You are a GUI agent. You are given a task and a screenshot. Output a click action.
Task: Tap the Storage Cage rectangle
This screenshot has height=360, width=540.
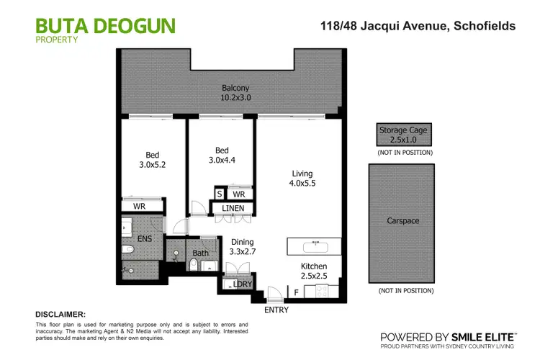tap(403, 135)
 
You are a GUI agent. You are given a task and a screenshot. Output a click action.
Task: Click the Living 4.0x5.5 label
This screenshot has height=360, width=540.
tap(302, 178)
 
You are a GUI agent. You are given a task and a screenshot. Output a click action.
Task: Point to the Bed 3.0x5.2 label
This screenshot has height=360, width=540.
tap(153, 160)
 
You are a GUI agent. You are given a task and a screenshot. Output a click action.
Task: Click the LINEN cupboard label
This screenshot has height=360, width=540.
tap(233, 209)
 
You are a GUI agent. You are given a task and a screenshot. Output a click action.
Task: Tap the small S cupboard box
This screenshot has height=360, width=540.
tap(219, 194)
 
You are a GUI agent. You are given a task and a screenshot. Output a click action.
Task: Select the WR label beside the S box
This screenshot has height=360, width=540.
tap(239, 194)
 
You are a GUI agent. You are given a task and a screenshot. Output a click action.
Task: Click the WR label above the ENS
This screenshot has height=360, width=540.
tap(140, 206)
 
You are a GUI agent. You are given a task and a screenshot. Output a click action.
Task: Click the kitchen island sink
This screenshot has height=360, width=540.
tap(315, 247)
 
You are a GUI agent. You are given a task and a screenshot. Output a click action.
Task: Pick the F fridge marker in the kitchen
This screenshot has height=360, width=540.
tap(297, 292)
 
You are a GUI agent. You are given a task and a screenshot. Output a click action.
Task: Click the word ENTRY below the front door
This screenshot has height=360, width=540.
tap(276, 310)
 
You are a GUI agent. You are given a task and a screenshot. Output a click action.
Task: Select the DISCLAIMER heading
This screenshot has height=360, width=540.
tap(60, 315)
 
